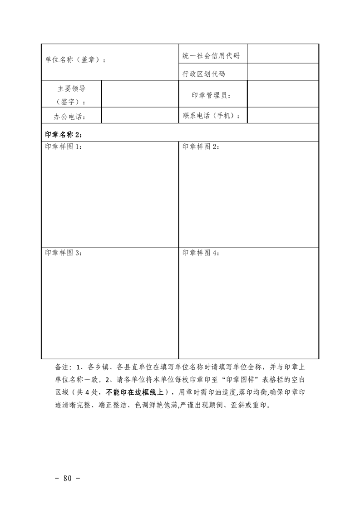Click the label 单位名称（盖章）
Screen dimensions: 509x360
pyautogui.click(x=75, y=60)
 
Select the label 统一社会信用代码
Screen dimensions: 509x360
pyautogui.click(x=211, y=56)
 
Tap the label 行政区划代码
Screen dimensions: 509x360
pyautogui.click(x=203, y=74)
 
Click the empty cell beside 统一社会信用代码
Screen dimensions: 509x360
pyautogui.click(x=282, y=54)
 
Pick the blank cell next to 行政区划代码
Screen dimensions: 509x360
pyautogui.click(x=282, y=72)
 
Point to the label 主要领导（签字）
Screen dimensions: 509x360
pyautogui.click(x=71, y=95)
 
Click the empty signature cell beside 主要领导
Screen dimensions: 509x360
pyautogui.click(x=139, y=95)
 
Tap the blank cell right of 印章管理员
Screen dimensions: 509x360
pyautogui.click(x=282, y=95)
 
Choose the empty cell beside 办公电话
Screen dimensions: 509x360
pyautogui.click(x=139, y=116)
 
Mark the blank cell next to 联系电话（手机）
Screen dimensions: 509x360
pyautogui.click(x=282, y=116)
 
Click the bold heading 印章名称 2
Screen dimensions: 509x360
pyautogui.click(x=64, y=134)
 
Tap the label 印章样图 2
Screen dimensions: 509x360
pyautogui.click(x=200, y=147)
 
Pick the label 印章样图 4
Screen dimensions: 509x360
pyautogui.click(x=200, y=253)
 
